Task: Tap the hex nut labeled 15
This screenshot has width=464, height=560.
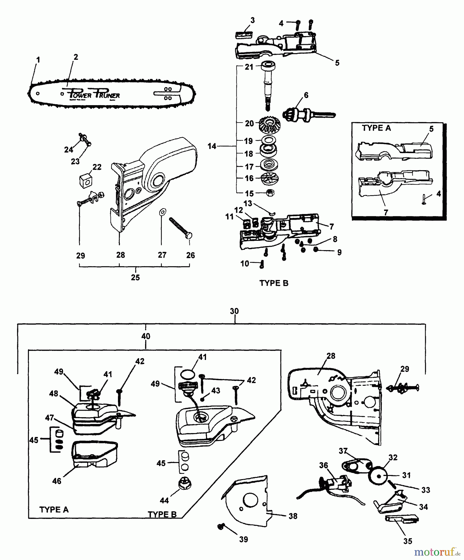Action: pyautogui.click(x=270, y=193)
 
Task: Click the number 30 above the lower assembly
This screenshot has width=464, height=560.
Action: pyautogui.click(x=234, y=311)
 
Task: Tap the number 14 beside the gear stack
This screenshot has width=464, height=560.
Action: pyautogui.click(x=212, y=146)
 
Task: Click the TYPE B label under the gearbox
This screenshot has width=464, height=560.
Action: pyautogui.click(x=274, y=283)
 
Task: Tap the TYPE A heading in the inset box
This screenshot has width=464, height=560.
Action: pyautogui.click(x=376, y=128)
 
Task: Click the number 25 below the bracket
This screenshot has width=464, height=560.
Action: pyautogui.click(x=135, y=277)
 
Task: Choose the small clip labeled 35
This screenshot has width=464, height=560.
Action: pyautogui.click(x=401, y=519)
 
